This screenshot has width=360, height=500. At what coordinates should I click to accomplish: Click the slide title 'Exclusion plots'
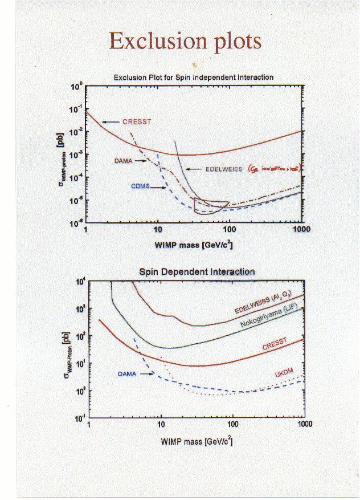pyautogui.click(x=185, y=41)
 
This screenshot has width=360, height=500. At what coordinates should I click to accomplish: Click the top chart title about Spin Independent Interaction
pyautogui.click(x=194, y=77)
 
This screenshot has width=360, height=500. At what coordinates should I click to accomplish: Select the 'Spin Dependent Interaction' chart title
pyautogui.click(x=197, y=272)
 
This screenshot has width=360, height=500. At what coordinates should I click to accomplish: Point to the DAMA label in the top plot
pyautogui.click(x=122, y=161)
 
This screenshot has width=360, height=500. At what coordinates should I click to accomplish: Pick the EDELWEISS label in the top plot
pyautogui.click(x=222, y=169)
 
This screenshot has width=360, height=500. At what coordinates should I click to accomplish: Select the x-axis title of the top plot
pyautogui.click(x=194, y=245)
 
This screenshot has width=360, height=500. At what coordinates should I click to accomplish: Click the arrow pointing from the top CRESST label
pyautogui.click(x=112, y=121)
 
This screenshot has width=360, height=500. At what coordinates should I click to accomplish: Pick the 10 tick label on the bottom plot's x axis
pyautogui.click(x=161, y=425)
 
